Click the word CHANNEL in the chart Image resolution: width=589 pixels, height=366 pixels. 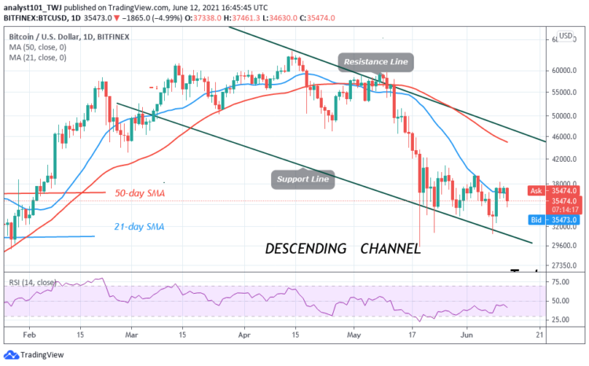(x=390, y=249)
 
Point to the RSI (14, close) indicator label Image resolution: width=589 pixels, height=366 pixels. (x=33, y=281)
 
